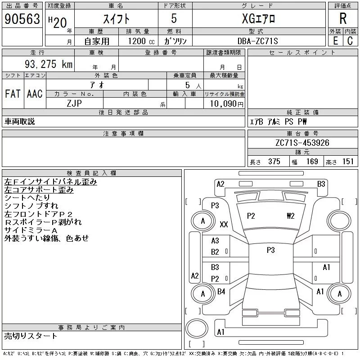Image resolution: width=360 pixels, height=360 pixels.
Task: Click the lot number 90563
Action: click(22, 19)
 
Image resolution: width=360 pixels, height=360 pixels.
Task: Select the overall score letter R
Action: click(343, 19)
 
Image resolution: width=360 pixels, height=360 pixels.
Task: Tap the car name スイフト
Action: click(116, 19)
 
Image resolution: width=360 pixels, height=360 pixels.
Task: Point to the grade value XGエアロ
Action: click(258, 19)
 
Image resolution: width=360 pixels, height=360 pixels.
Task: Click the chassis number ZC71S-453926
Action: click(302, 143)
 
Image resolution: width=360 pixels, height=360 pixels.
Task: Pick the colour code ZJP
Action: click(75, 103)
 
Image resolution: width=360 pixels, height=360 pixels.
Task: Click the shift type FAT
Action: click(13, 94)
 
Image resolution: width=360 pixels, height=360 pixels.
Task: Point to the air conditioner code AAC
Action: click(35, 94)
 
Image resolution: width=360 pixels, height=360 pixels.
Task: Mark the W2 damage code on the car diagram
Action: click(290, 216)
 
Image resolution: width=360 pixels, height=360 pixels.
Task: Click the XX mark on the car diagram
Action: click(224, 224)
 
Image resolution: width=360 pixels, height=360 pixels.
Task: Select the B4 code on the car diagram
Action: click(221, 292)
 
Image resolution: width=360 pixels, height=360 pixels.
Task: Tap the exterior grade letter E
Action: click(335, 41)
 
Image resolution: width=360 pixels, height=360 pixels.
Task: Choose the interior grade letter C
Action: click(350, 41)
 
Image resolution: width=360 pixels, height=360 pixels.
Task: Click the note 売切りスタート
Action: click(31, 336)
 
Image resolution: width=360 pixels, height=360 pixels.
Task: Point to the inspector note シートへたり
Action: click(27, 198)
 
